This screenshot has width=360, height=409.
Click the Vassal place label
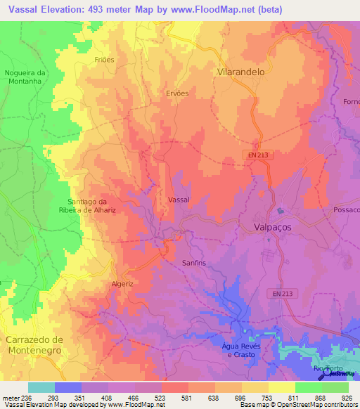179,200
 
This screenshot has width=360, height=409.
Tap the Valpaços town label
276,228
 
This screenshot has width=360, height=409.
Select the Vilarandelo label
244,72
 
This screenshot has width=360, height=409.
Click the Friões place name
104,60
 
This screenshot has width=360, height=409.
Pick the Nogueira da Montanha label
25,77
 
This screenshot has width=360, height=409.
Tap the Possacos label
344,211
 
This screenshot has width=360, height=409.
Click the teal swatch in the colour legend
41,387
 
